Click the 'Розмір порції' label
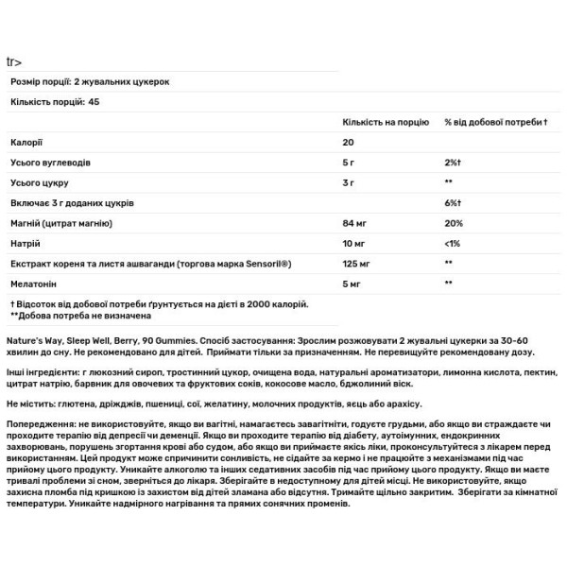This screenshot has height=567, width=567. click(37, 81)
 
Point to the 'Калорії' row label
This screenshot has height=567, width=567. click(26, 144)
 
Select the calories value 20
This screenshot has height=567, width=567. click(348, 144)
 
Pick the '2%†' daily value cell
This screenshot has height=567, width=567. click(451, 162)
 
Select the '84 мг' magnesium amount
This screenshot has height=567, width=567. click(353, 222)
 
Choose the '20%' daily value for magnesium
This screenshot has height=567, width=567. click(453, 222)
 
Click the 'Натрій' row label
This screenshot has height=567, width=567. click(26, 243)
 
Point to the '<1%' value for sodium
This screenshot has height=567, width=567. click(452, 243)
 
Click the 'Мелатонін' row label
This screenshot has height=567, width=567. click(33, 283)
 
